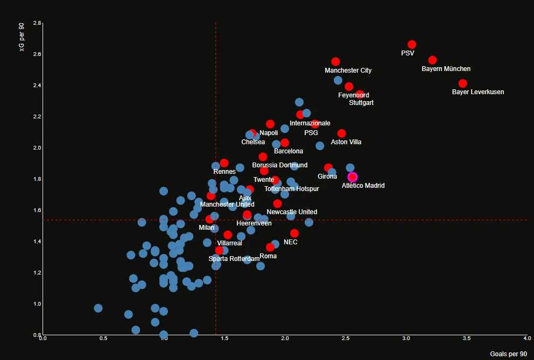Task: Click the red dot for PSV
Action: pyautogui.click(x=412, y=45)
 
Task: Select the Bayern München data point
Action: pyautogui.click(x=432, y=60)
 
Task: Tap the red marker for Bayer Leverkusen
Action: pyautogui.click(x=462, y=83)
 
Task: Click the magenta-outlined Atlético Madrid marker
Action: pyautogui.click(x=353, y=177)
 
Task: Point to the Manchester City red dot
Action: pyautogui.click(x=335, y=62)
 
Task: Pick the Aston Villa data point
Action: pyautogui.click(x=341, y=133)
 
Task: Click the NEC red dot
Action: pyautogui.click(x=294, y=233)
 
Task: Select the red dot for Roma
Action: pyautogui.click(x=270, y=248)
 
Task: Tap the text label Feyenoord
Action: pyautogui.click(x=354, y=95)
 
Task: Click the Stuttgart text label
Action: pyautogui.click(x=361, y=103)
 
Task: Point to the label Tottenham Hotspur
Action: pyautogui.click(x=292, y=189)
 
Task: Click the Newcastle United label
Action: pyautogui.click(x=292, y=212)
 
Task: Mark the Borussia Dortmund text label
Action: pyautogui.click(x=280, y=165)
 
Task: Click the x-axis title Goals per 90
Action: pyautogui.click(x=508, y=354)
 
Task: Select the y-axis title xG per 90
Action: pyautogui.click(x=22, y=39)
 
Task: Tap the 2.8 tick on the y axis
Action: pyautogui.click(x=37, y=24)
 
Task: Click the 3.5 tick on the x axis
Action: pyautogui.click(x=467, y=338)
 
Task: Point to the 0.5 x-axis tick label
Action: pyautogui.click(x=103, y=338)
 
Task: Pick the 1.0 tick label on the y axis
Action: pyautogui.click(x=37, y=304)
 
